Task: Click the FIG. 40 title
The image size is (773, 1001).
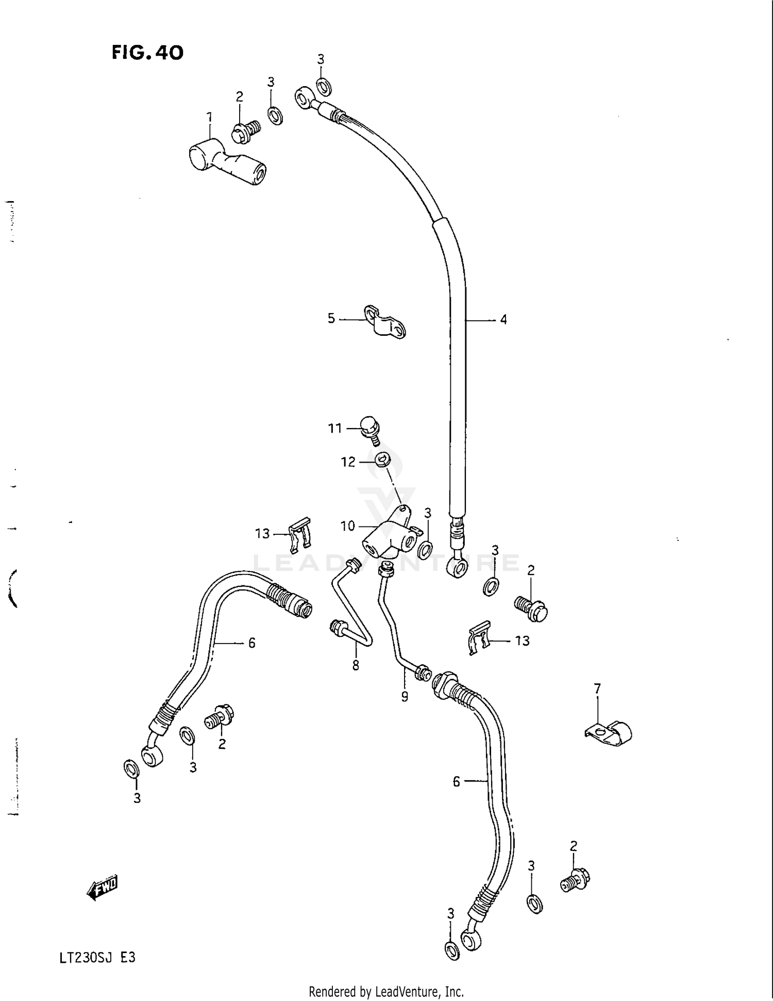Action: (147, 53)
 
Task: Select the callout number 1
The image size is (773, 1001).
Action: (209, 118)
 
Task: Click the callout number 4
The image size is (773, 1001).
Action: (503, 320)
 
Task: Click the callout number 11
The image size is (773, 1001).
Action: (335, 428)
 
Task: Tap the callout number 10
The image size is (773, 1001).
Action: (348, 526)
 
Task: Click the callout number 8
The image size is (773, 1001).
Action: (356, 666)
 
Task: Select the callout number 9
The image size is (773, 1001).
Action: (405, 697)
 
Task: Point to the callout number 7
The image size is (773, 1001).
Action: (597, 688)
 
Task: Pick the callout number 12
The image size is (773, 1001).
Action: (348, 462)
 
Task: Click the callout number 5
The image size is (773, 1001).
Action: (331, 318)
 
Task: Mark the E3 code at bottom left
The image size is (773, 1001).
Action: (128, 958)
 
